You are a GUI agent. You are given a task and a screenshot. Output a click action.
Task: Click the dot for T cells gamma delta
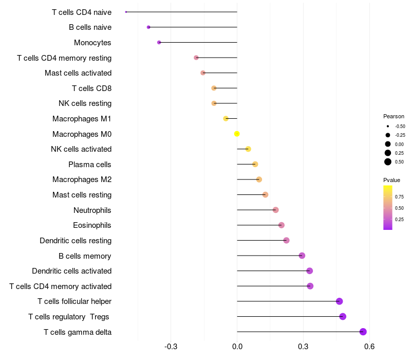[363, 332]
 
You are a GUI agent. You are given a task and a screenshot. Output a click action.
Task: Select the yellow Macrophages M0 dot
[237, 134]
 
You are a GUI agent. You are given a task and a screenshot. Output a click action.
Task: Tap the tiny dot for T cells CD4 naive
[126, 12]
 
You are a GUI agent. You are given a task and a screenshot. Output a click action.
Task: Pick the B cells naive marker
[148, 27]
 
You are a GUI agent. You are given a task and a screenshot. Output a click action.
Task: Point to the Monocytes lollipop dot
[159, 42]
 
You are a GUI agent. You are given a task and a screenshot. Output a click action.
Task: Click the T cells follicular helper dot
[339, 301]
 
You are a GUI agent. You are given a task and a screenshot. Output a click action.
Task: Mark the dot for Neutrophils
[276, 210]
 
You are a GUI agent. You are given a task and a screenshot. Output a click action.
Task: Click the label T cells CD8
[91, 88]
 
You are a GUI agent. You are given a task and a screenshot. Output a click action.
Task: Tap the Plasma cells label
[89, 165]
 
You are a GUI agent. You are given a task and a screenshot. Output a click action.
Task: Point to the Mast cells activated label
[78, 73]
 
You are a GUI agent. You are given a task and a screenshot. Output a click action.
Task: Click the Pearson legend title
[394, 116]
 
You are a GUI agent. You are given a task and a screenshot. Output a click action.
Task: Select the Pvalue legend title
[391, 180]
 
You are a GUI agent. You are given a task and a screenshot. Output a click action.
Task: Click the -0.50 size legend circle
[387, 126]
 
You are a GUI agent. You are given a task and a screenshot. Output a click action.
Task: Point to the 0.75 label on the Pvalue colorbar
[399, 196]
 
